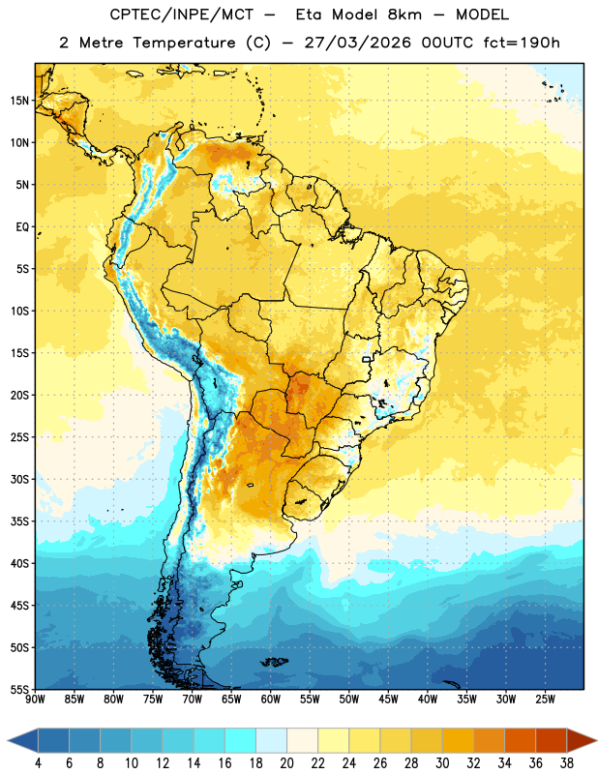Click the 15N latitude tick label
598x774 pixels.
coord(19,101)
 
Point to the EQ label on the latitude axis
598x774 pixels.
coord(22,227)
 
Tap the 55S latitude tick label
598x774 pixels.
coord(19,689)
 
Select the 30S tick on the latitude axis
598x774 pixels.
coord(19,479)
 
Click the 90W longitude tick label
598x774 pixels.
coord(35,700)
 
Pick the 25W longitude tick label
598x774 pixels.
coord(545,700)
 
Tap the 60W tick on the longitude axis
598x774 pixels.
coord(271,700)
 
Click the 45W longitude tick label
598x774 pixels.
coord(388,700)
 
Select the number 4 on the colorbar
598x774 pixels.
coord(38,763)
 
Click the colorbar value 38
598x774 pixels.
coord(566,763)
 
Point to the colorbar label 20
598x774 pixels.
coord(286,763)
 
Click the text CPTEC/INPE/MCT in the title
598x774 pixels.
coord(181,15)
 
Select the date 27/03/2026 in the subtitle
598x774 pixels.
coord(357,43)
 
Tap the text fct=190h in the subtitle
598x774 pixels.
coord(521,43)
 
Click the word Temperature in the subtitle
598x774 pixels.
coord(184,44)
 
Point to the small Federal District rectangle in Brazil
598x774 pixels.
coord(367,359)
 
